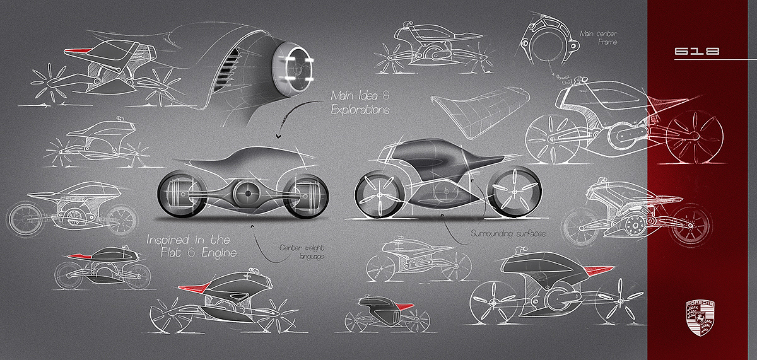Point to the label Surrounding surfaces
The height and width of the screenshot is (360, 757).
pyautogui.click(x=508, y=233)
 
